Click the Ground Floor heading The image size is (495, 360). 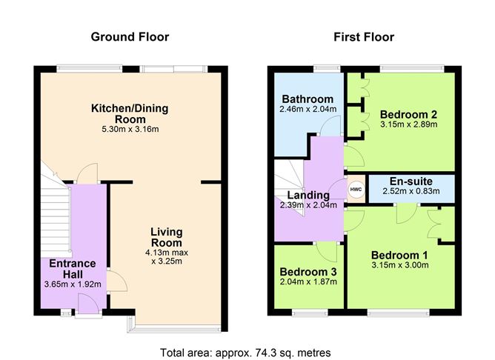click(x=130, y=37)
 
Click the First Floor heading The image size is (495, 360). click(x=364, y=37)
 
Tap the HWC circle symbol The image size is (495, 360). click(x=355, y=188)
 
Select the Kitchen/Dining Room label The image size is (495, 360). click(x=130, y=113)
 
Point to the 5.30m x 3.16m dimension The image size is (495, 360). click(x=130, y=130)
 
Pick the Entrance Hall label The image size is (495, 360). click(x=73, y=268)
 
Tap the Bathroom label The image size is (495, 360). click(x=308, y=99)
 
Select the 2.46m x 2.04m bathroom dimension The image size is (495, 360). click(x=308, y=110)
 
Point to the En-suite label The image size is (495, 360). click(x=410, y=181)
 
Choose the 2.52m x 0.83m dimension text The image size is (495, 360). click(x=410, y=191)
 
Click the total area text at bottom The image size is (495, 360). click(x=245, y=352)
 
